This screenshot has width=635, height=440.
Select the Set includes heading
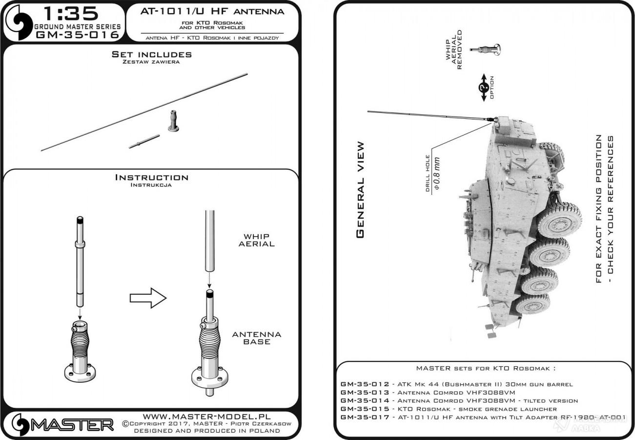tap(151, 55)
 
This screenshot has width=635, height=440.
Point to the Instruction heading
tap(151, 178)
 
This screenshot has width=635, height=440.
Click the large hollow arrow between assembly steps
tap(148, 298)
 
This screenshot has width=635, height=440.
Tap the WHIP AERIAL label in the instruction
tap(256, 240)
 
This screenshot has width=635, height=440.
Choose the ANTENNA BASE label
tap(257, 338)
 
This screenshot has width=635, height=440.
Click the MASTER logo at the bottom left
tap(63, 424)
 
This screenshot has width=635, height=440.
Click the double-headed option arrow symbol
tap(484, 88)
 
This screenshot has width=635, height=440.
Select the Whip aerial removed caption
tap(452, 49)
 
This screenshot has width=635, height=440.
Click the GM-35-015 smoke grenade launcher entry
tap(448, 409)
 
